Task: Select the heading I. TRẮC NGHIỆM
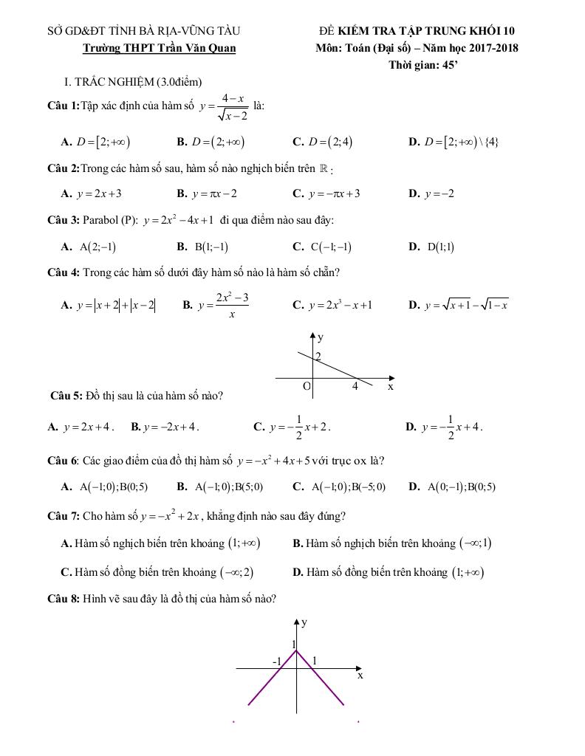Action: [133, 82]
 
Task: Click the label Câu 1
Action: [63, 106]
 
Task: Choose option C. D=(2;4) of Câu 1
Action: [323, 142]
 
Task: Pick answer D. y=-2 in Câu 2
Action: [431, 193]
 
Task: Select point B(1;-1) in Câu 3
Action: [202, 247]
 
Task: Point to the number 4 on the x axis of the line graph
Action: [355, 385]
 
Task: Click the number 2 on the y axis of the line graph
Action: [318, 357]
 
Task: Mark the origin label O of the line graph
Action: [307, 386]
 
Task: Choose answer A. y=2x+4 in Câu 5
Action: [81, 427]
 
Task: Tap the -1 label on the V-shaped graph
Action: [278, 661]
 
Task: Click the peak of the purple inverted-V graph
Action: [296, 650]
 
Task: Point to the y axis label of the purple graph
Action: [304, 622]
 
